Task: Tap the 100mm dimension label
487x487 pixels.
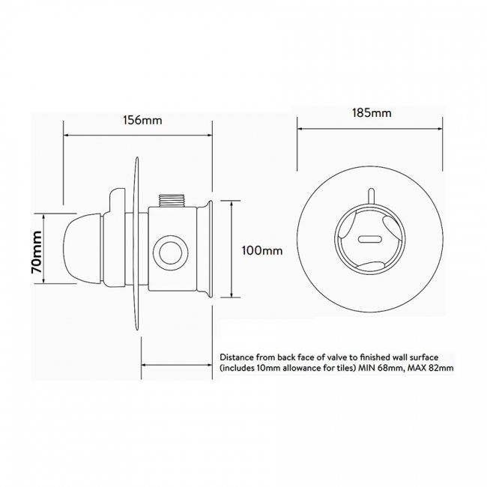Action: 262,251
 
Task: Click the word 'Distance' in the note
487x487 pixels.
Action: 239,357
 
